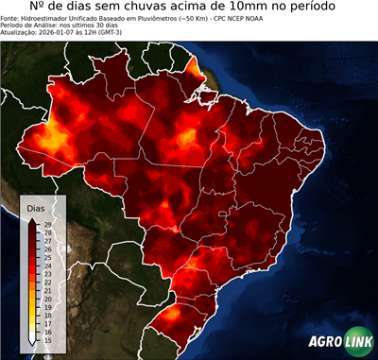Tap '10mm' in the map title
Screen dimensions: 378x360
(x=244, y=9)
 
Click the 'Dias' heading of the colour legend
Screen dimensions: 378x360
(x=35, y=206)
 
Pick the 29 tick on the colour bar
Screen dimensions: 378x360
(x=46, y=223)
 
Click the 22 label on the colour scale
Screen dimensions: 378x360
(x=46, y=281)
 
